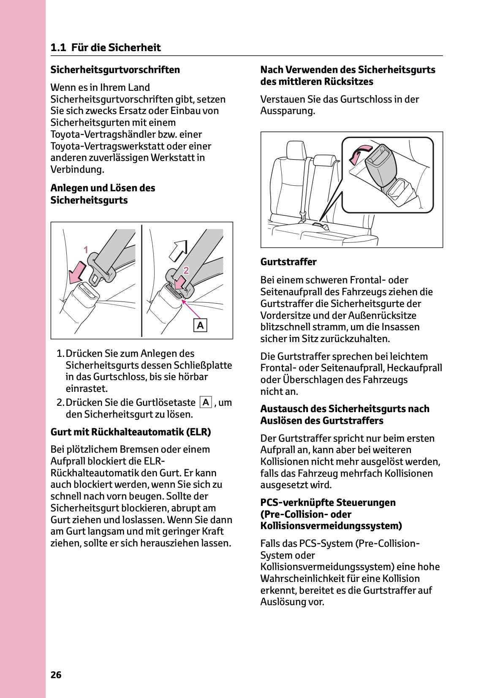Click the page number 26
coord(56,675)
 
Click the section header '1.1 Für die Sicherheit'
coord(106,47)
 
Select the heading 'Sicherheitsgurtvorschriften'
coord(115,70)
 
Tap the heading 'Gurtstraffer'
coord(288,262)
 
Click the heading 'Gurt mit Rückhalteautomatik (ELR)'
coord(130,432)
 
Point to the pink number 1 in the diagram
coord(86,250)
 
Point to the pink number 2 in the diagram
coord(186,269)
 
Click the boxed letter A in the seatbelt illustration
coord(200,325)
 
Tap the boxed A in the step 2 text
coord(206,402)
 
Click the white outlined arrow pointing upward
coord(178,250)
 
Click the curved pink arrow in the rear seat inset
coord(359,154)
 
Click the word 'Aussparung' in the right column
coord(287,111)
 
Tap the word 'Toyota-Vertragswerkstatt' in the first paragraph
coord(107,146)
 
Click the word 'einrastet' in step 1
coord(86,388)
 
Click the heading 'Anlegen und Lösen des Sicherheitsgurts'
coord(103,194)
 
